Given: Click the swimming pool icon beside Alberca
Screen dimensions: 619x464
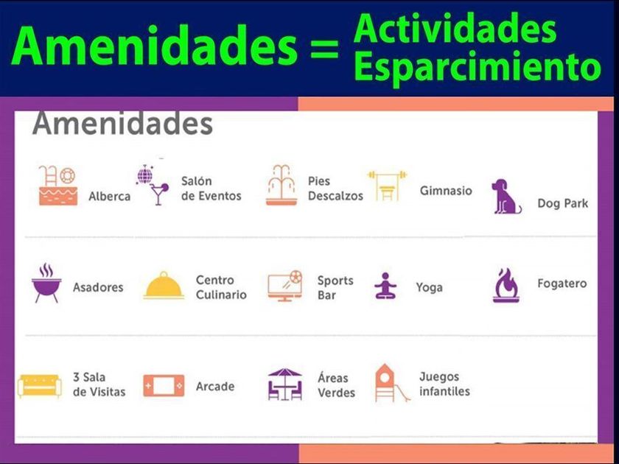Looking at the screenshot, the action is pyautogui.click(x=57, y=186).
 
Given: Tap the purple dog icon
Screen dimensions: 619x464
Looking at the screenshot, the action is pyautogui.click(x=506, y=197).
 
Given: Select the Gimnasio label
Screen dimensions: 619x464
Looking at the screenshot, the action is pyautogui.click(x=446, y=191).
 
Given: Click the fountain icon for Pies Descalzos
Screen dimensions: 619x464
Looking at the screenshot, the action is pyautogui.click(x=281, y=185).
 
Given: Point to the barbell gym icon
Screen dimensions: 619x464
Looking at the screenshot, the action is pyautogui.click(x=388, y=186).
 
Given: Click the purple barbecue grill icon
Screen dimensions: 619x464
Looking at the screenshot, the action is pyautogui.click(x=46, y=284).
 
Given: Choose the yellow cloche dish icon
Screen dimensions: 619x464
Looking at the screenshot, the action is pyautogui.click(x=164, y=285).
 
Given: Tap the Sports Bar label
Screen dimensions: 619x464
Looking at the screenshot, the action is pyautogui.click(x=335, y=288).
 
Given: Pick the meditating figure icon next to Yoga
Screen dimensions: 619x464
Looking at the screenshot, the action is pyautogui.click(x=385, y=286).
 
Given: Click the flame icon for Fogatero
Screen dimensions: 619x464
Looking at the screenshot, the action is pyautogui.click(x=506, y=285).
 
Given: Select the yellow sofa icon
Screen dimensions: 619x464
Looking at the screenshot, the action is pyautogui.click(x=40, y=385).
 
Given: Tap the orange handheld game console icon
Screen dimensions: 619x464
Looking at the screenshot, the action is pyautogui.click(x=164, y=385).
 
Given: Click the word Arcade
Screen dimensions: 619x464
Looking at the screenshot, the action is pyautogui.click(x=215, y=386).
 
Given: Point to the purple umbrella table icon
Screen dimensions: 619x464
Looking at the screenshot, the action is pyautogui.click(x=284, y=384).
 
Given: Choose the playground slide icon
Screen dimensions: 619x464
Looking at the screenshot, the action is pyautogui.click(x=391, y=383).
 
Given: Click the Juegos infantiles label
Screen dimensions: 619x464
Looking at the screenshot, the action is pyautogui.click(x=444, y=384).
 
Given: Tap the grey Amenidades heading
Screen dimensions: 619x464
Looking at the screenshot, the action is pyautogui.click(x=122, y=124).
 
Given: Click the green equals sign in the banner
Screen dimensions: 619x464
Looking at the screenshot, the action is pyautogui.click(x=324, y=49).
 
